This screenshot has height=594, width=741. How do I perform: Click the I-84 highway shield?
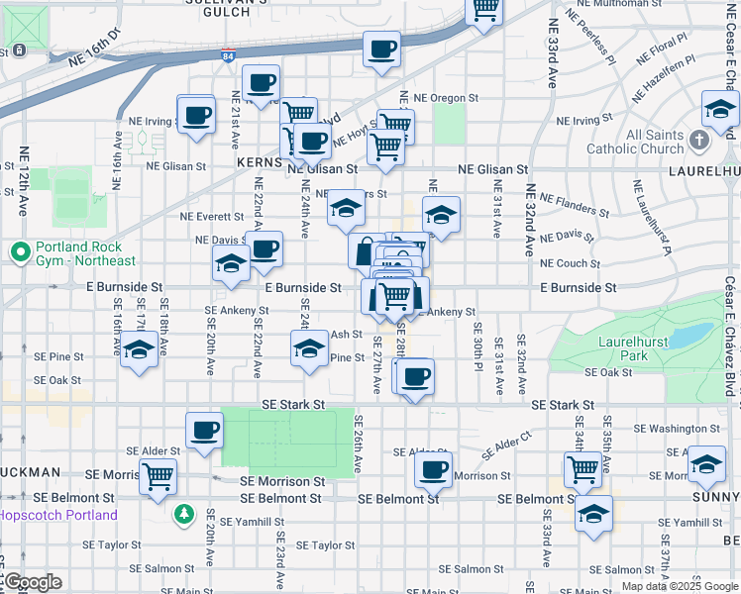(229, 57)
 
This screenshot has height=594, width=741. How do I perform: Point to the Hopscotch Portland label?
(58, 515)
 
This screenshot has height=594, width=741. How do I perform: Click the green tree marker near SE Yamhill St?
(183, 514)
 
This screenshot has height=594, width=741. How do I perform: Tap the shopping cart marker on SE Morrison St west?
(158, 477)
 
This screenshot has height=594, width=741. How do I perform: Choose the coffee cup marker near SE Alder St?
(204, 431)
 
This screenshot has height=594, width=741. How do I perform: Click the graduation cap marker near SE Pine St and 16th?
(139, 350)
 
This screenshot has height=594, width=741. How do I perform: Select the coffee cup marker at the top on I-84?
(381, 49)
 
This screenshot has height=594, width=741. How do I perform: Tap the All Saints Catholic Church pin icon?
(699, 141)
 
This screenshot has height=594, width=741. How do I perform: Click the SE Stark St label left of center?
(293, 405)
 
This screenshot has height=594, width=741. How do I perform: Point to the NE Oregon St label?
(446, 98)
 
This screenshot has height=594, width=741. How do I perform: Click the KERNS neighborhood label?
(261, 159)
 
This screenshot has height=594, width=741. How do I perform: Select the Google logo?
(33, 582)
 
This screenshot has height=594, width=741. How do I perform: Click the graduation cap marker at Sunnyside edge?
(706, 464)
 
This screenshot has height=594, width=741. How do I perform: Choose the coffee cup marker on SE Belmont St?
(432, 470)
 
